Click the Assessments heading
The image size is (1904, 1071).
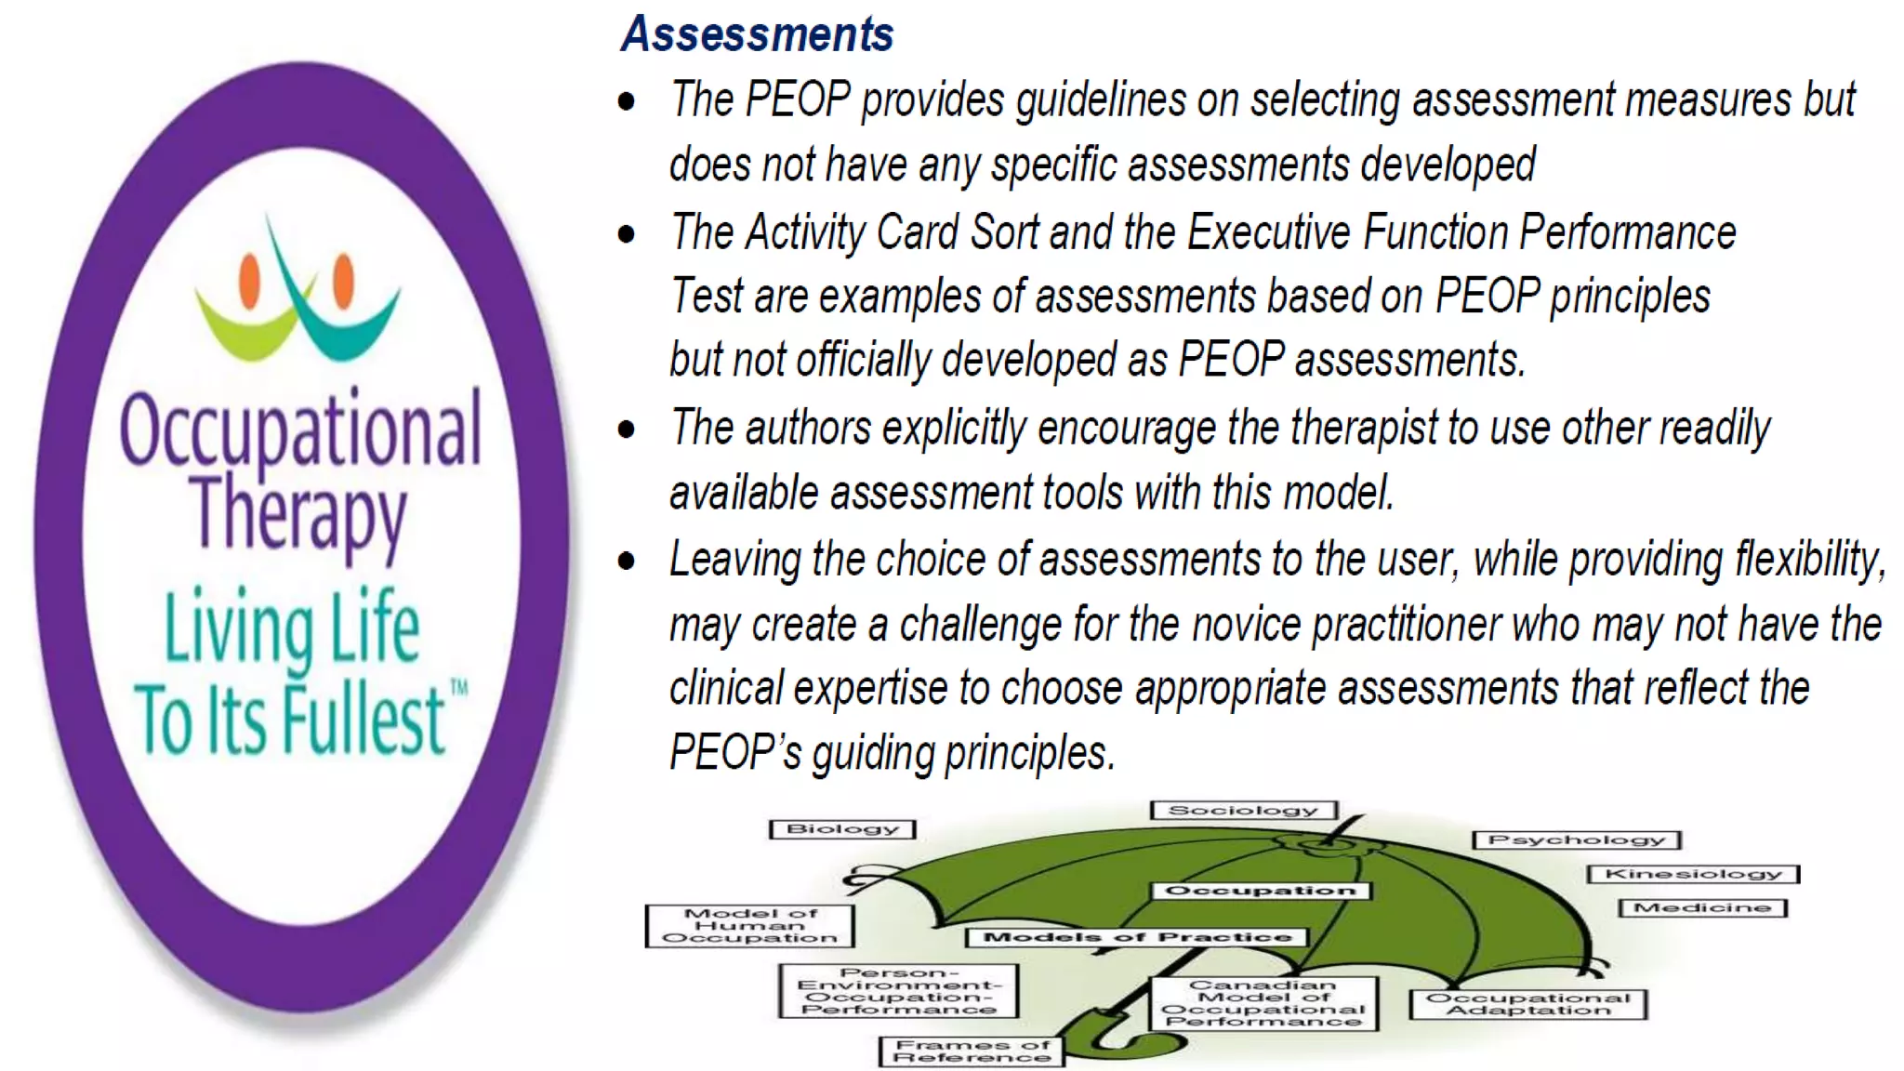[x=757, y=34]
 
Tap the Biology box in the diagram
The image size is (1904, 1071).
[x=842, y=829]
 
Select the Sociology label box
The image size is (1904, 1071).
[x=1243, y=811]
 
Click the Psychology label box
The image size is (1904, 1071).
[x=1577, y=840]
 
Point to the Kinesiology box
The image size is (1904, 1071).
[x=1693, y=874]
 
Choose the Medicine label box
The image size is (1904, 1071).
[x=1702, y=907]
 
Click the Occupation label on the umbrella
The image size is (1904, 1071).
[x=1260, y=891]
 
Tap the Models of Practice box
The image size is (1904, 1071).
[x=1136, y=937]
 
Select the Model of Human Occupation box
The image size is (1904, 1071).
[x=749, y=926]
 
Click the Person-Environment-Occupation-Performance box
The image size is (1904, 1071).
[x=898, y=991]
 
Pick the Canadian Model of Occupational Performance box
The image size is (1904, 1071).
[x=1263, y=1003]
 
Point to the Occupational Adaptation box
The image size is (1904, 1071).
[x=1527, y=1004]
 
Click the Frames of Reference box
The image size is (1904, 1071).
[x=972, y=1051]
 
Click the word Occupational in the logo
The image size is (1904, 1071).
[x=300, y=430]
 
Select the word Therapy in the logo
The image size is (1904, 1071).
[x=299, y=514]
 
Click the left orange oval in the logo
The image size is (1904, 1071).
[x=249, y=281]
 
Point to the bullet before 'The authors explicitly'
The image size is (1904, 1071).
[x=627, y=430]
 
